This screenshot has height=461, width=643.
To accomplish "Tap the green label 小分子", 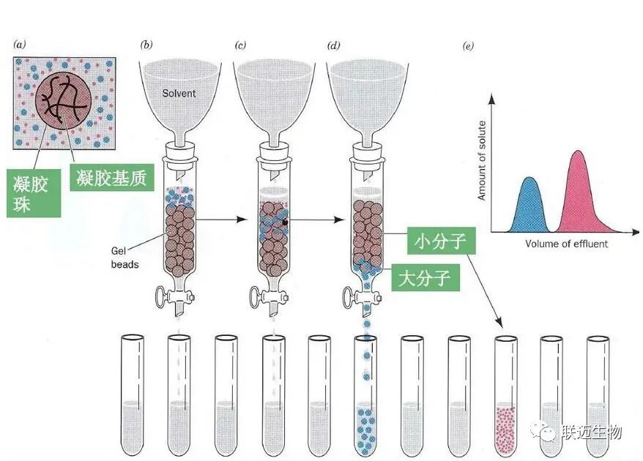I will [x=439, y=241].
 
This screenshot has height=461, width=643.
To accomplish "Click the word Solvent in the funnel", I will [x=179, y=94].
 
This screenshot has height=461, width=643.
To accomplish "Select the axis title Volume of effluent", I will [x=565, y=244].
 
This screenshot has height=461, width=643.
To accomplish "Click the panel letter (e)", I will [x=468, y=47].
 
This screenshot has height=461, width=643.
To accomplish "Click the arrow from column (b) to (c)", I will [x=224, y=218].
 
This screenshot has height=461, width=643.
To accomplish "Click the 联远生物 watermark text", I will [x=592, y=432].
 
